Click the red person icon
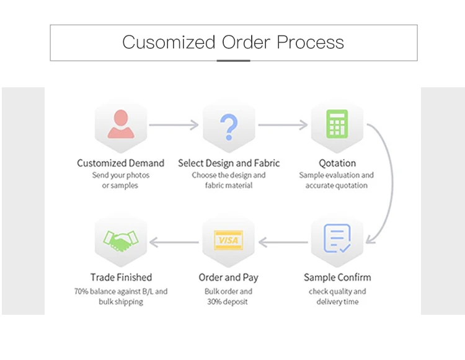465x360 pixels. pyautogui.click(x=120, y=124)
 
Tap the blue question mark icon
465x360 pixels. pyautogui.click(x=229, y=125)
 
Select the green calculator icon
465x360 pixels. pyautogui.click(x=337, y=125)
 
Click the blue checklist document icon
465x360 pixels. pyautogui.click(x=337, y=239)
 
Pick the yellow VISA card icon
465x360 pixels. pyautogui.click(x=229, y=240)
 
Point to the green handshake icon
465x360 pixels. pyautogui.click(x=120, y=240)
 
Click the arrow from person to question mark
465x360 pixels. pyautogui.click(x=174, y=125)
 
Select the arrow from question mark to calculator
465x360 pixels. pyautogui.click(x=283, y=125)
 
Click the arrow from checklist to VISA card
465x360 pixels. pyautogui.click(x=283, y=242)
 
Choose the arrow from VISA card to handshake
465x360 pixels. pyautogui.click(x=174, y=242)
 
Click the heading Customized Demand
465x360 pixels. pyautogui.click(x=120, y=163)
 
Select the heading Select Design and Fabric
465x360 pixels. pyautogui.click(x=229, y=163)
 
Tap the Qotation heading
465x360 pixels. pyautogui.click(x=337, y=163)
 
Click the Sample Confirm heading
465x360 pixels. pyautogui.click(x=337, y=277)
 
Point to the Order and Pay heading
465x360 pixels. pyautogui.click(x=229, y=277)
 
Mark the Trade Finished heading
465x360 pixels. pyautogui.click(x=121, y=277)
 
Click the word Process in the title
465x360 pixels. pyautogui.click(x=310, y=42)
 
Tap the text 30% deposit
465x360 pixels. pyautogui.click(x=229, y=302)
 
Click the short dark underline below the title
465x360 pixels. pyautogui.click(x=233, y=61)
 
